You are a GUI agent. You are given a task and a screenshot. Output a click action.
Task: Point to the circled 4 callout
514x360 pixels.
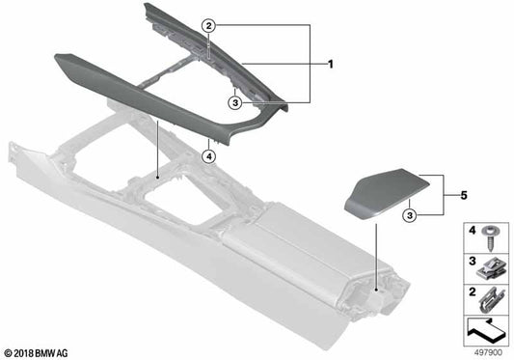pyautogui.click(x=209, y=154)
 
